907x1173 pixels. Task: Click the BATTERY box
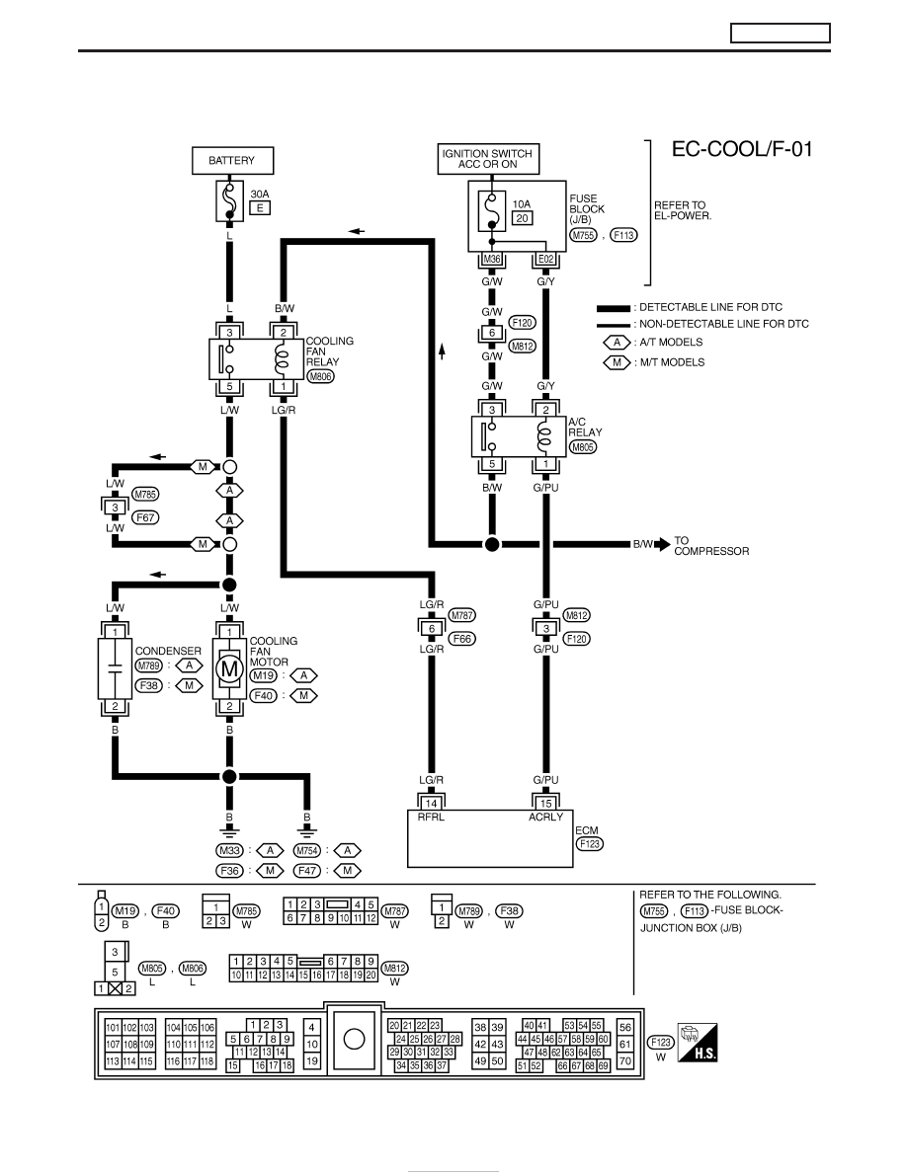[233, 161]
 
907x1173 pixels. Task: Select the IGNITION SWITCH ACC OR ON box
[488, 159]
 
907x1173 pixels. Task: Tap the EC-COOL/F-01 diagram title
[742, 149]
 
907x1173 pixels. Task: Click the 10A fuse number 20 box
[522, 218]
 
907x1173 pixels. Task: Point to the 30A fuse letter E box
[260, 208]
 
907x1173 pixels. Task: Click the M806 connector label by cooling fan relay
[321, 376]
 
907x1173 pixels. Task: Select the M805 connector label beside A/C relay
[583, 447]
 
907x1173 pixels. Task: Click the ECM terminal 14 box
[432, 803]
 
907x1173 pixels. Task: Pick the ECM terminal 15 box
[546, 803]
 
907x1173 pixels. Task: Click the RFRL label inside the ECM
[431, 817]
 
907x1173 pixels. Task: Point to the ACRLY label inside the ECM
[545, 817]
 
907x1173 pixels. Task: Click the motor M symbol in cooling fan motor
[230, 668]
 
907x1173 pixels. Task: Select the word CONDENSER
[168, 651]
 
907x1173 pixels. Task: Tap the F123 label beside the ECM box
[590, 844]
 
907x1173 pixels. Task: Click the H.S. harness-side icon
[698, 1042]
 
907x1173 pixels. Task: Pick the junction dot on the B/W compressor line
[492, 545]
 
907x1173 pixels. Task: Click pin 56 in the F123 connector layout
[624, 1027]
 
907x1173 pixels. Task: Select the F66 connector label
[462, 639]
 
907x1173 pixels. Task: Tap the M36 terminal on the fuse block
[492, 260]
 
